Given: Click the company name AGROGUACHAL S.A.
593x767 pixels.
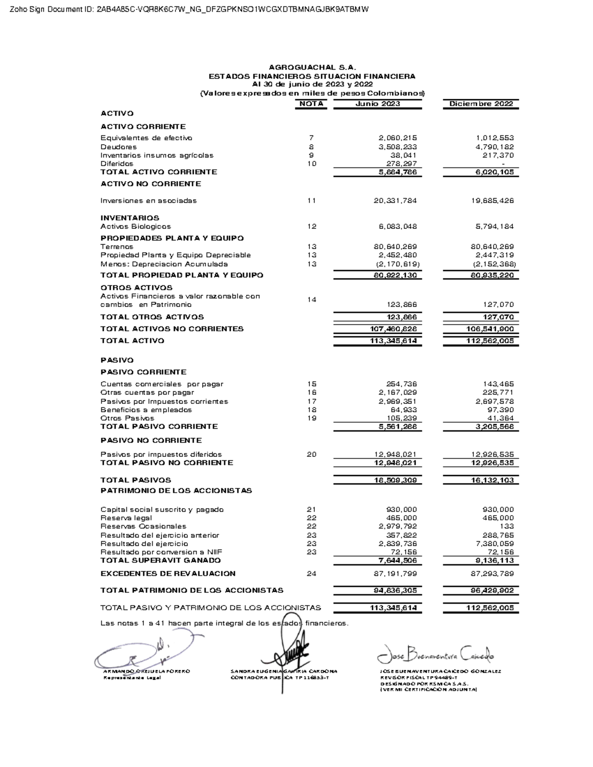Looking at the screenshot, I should coord(312,67).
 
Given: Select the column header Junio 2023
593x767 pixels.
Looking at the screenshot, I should coord(378,104).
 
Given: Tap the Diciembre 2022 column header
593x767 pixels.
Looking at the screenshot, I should coord(481,104).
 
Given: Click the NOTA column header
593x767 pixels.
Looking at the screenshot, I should coord(311,104).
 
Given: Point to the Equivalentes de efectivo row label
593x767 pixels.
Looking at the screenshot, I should coord(146,138).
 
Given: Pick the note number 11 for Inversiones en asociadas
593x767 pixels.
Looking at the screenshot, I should coord(311,201).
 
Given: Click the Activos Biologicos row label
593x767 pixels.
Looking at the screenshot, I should coord(135,227).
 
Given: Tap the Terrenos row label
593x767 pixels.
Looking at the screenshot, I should coord(117,246).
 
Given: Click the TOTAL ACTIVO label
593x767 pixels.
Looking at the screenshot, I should coord(132,341).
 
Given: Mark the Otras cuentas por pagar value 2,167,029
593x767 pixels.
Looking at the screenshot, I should coord(397,393).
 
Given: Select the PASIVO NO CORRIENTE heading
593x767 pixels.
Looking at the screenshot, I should coord(151,440).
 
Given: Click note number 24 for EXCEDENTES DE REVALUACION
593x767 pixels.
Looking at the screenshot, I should coord(311,574).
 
